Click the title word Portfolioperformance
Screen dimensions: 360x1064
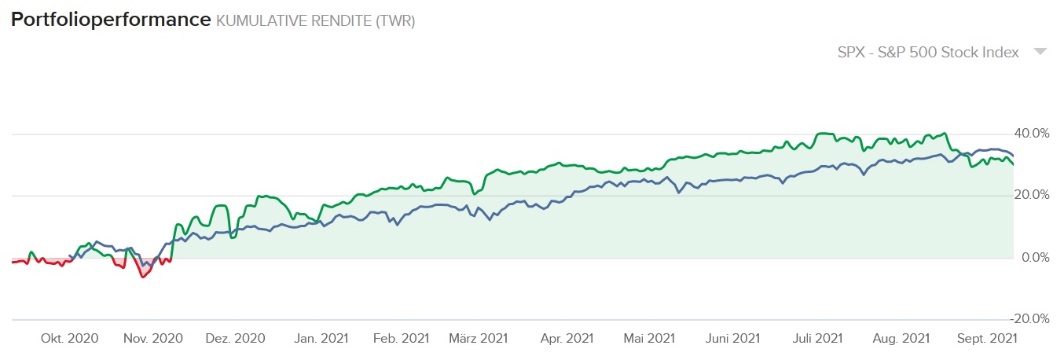(x=111, y=20)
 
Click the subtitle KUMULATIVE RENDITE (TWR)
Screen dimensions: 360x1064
(x=316, y=21)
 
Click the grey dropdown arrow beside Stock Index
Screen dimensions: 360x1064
(x=1040, y=52)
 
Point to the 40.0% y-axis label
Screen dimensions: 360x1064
(x=1031, y=133)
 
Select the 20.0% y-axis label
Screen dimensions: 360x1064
(x=1031, y=195)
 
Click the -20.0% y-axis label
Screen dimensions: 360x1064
(x=1029, y=319)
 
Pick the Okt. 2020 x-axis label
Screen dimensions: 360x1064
(x=69, y=339)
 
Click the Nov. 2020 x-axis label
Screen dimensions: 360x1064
(x=152, y=339)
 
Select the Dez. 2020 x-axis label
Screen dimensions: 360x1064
(x=236, y=339)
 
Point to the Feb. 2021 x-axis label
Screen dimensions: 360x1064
(x=401, y=339)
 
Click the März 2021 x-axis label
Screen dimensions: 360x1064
(x=478, y=339)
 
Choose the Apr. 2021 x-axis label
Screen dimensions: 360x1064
(x=566, y=339)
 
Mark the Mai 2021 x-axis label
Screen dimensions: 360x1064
(x=648, y=339)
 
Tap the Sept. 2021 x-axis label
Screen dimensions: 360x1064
(x=987, y=339)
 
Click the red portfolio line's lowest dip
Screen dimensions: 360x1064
(x=142, y=277)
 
